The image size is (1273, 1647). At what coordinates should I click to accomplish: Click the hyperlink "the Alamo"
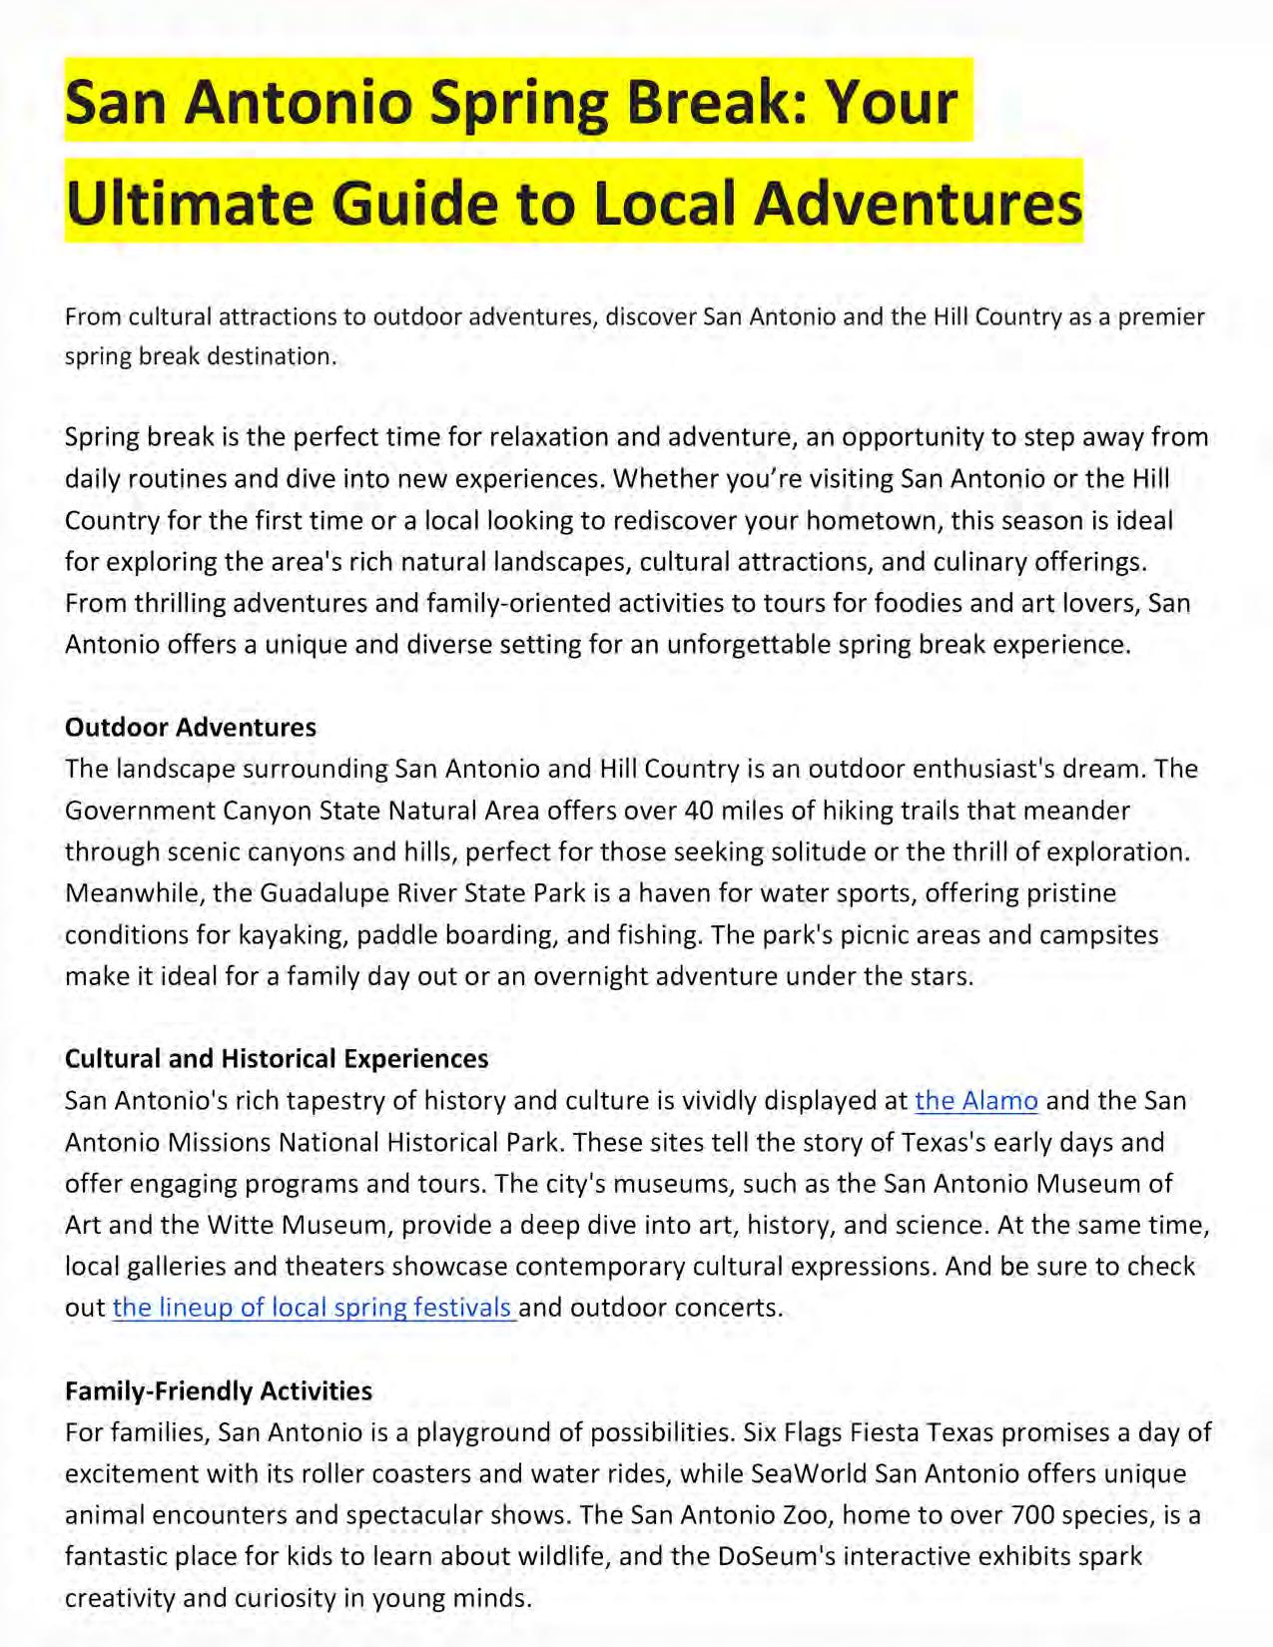click(975, 1101)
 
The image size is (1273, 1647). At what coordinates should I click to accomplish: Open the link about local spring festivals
click(314, 1308)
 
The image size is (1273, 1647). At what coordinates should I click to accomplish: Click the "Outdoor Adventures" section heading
click(191, 728)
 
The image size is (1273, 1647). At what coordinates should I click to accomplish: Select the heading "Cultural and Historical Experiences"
click(277, 1059)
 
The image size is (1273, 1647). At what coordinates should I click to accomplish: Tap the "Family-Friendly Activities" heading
click(219, 1390)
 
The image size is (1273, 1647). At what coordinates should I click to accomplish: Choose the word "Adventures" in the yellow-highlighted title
click(919, 201)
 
